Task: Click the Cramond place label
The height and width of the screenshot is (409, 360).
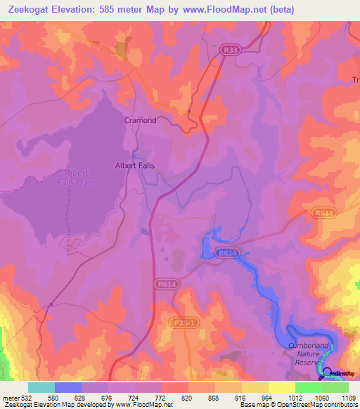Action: click(140, 120)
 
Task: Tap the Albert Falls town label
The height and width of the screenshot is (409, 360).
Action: click(134, 166)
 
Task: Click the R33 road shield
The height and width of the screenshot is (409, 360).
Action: click(230, 50)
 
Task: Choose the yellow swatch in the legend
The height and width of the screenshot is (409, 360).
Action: click(281, 387)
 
